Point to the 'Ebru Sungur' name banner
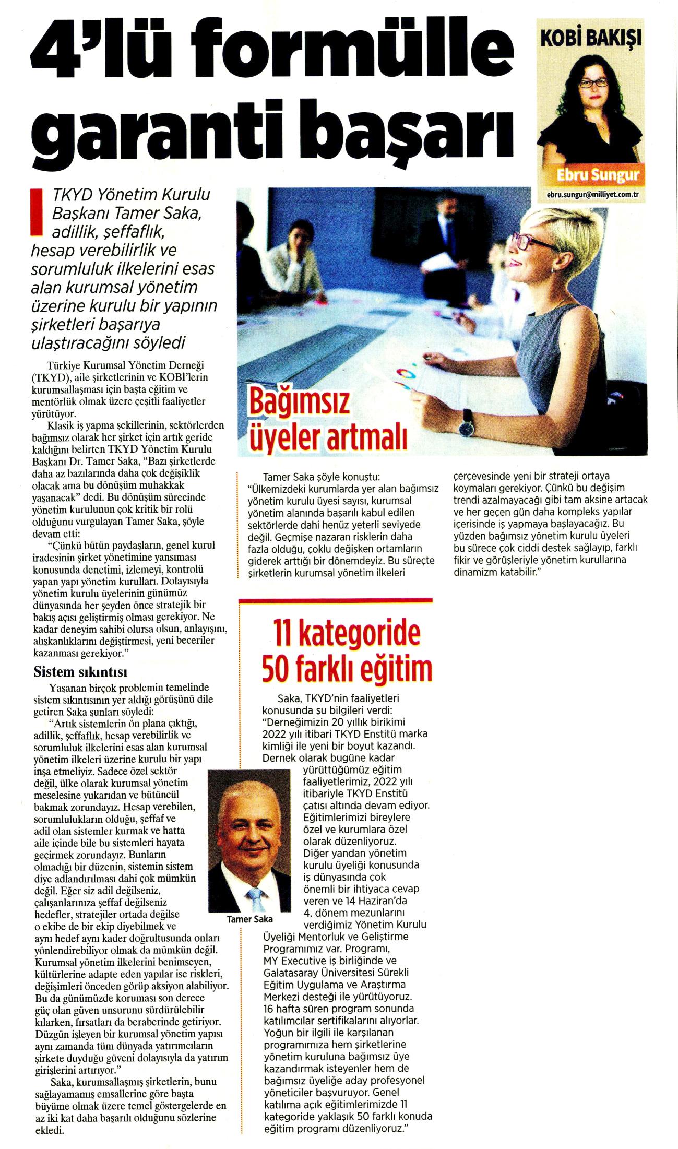click(x=598, y=174)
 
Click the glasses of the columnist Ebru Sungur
click(x=593, y=82)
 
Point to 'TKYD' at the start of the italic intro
click(x=70, y=195)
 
